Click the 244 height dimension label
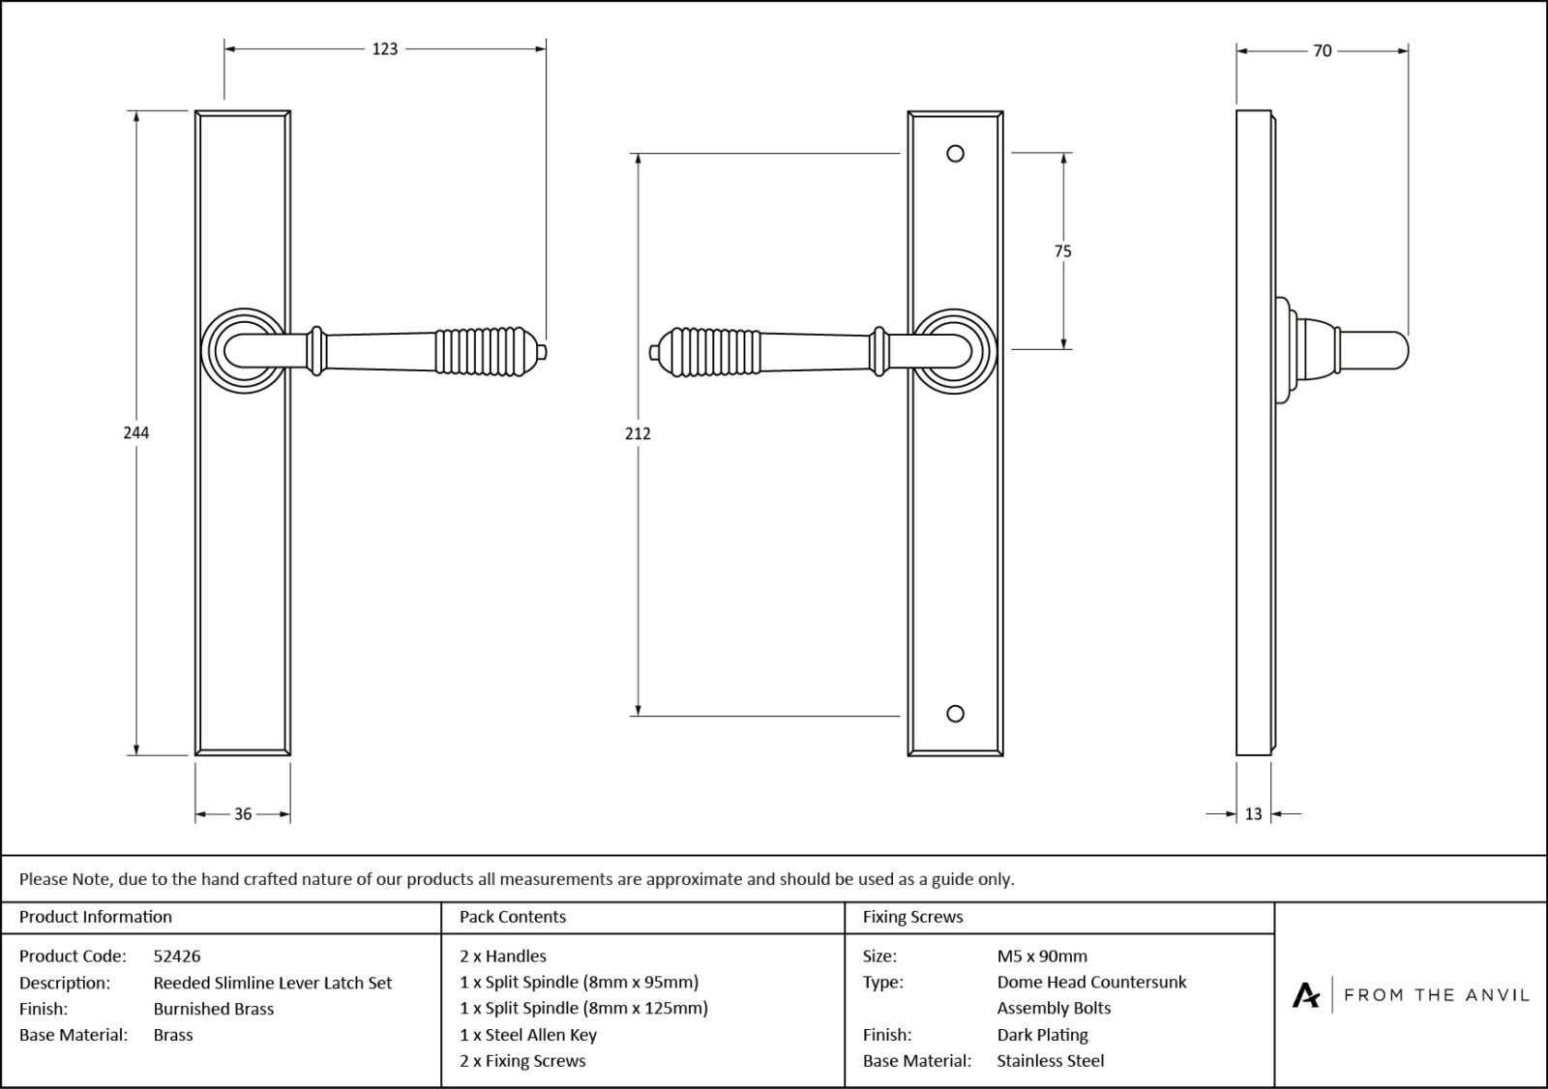135,432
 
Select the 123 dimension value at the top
385,48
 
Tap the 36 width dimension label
243,814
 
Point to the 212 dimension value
638,433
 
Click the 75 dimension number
1062,251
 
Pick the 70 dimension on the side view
1322,51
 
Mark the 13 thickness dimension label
1253,814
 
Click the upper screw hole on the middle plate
955,154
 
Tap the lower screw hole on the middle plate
955,714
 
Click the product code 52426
177,956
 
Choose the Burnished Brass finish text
213,1009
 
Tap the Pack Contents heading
513,917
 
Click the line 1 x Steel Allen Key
528,1035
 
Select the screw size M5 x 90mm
1042,956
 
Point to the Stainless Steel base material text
1050,1061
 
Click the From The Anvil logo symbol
1306,994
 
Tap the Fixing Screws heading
912,917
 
